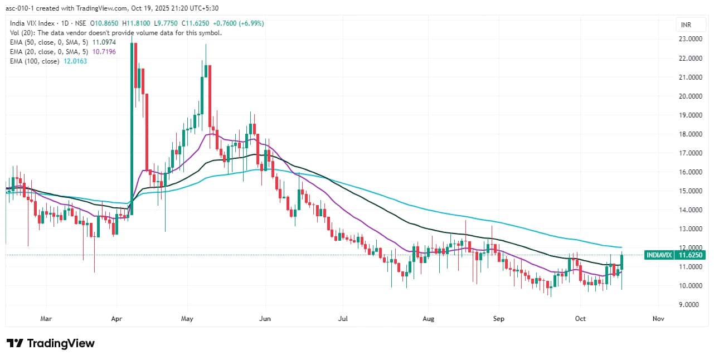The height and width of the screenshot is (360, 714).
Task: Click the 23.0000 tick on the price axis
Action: pos(690,39)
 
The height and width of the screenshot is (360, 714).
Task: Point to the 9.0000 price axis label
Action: pos(690,305)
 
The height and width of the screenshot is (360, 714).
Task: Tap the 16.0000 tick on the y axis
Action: pos(690,172)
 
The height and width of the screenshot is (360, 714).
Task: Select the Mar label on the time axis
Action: pos(46,319)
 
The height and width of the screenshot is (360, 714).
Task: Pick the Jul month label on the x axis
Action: pos(343,319)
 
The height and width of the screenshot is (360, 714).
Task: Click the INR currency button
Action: pos(686,25)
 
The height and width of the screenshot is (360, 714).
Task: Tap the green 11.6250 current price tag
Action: pos(690,255)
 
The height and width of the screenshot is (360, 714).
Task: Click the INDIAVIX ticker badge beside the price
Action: pos(659,255)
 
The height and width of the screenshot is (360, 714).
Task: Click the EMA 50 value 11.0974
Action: pos(103,42)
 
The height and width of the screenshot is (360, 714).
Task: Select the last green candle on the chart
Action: pos(621,262)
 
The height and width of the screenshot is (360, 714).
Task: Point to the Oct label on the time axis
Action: pos(580,319)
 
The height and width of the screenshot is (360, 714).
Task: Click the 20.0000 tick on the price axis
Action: pos(690,96)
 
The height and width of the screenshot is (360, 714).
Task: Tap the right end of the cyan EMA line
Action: pos(621,247)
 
